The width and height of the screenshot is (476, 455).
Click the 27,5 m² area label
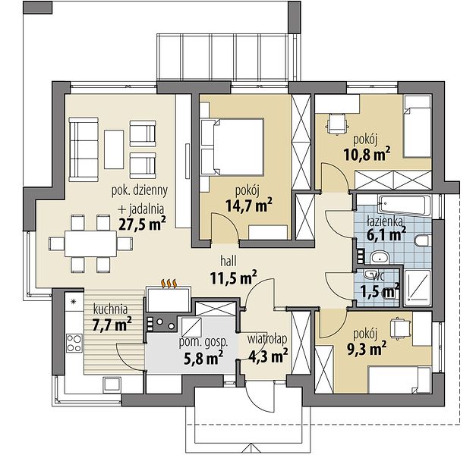[142, 224]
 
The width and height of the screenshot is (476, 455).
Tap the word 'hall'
[229, 261]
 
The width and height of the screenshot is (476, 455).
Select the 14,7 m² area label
[249, 206]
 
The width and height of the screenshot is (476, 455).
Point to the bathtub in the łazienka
[405, 206]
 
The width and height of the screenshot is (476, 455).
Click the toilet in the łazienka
[423, 241]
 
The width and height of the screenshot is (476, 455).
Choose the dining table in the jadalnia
[90, 243]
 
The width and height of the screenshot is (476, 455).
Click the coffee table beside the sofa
[114, 149]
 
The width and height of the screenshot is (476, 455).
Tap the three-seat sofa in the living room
[84, 149]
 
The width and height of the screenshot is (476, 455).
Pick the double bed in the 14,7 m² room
[232, 147]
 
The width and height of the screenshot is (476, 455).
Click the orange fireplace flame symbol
[169, 284]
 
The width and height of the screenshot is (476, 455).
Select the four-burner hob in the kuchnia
[74, 343]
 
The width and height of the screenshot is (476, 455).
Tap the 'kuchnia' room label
[110, 309]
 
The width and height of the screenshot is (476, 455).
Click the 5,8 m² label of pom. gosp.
[203, 358]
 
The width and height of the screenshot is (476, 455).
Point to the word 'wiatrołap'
[266, 340]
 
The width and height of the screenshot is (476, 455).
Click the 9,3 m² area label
[367, 348]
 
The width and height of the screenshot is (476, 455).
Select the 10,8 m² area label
[367, 155]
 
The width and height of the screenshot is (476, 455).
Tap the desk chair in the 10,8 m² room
[337, 124]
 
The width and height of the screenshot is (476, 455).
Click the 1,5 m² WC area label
[380, 291]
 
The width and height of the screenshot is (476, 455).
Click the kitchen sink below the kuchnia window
[112, 384]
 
